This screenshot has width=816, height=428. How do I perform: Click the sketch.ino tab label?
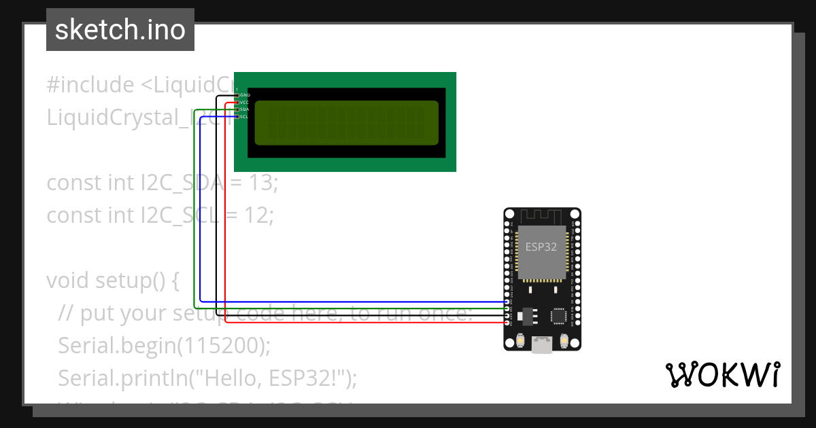120,30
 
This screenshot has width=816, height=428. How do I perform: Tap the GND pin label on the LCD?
245,94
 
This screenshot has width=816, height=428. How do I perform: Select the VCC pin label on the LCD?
245,102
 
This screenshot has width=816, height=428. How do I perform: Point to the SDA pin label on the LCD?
245,109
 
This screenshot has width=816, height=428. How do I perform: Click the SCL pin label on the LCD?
245,117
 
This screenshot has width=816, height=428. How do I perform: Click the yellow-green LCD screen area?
347,123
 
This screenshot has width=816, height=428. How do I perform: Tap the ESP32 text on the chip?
541,247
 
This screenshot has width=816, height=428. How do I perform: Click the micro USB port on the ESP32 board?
542,345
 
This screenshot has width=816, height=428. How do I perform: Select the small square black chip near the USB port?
558,316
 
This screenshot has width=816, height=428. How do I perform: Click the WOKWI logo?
723,374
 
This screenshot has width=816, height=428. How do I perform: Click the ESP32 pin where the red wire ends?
507,322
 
